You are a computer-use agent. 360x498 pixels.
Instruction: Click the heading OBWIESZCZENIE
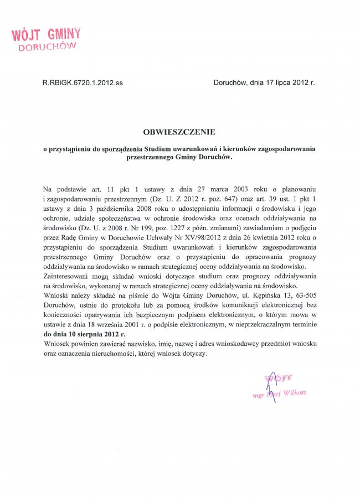click(178, 132)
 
